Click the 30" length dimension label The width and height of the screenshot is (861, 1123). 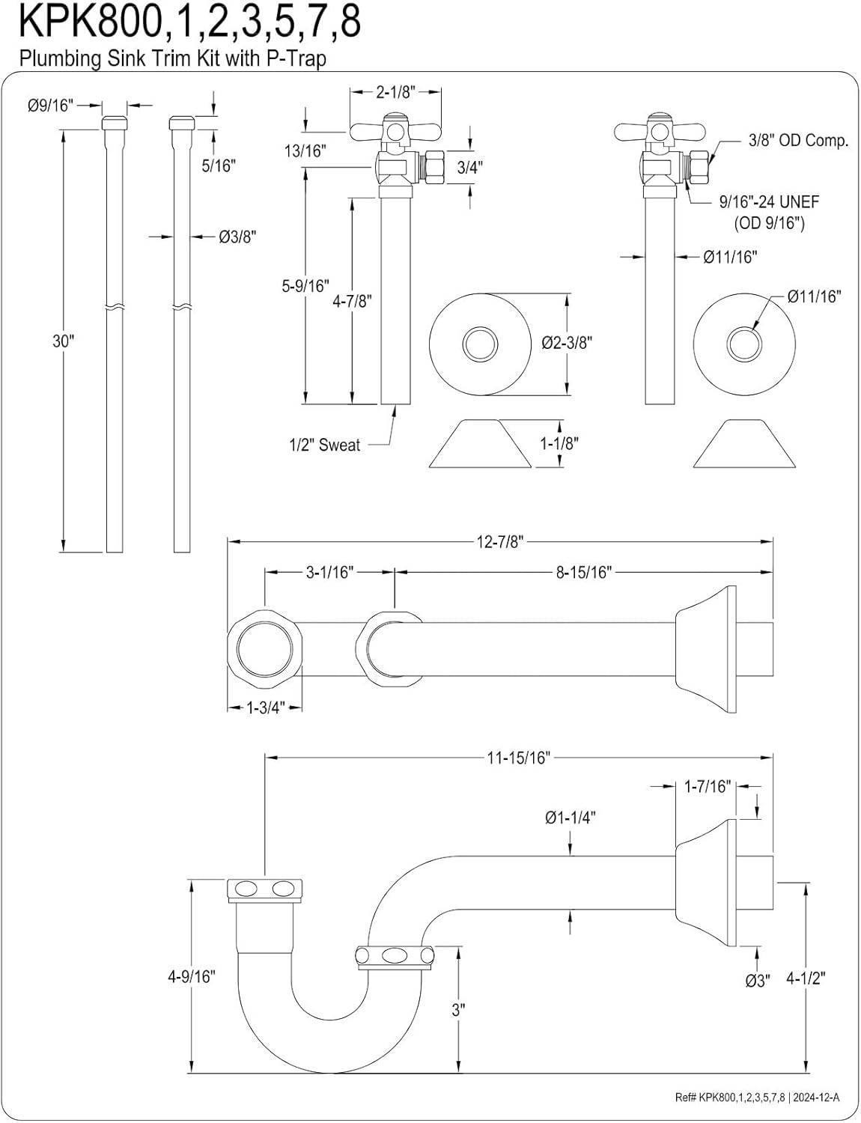pyautogui.click(x=63, y=341)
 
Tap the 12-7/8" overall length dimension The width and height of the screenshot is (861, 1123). pyautogui.click(x=499, y=541)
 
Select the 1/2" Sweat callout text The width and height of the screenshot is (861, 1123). pyautogui.click(x=324, y=445)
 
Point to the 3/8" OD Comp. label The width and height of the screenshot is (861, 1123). pyautogui.click(x=798, y=140)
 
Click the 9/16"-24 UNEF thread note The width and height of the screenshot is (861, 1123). pyautogui.click(x=768, y=201)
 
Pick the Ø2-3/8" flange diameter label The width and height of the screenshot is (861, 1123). pyautogui.click(x=566, y=343)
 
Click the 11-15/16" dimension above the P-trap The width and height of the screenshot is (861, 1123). pyautogui.click(x=518, y=758)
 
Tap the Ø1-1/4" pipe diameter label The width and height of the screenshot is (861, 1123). pyautogui.click(x=571, y=818)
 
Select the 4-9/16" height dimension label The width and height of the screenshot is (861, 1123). pyautogui.click(x=190, y=976)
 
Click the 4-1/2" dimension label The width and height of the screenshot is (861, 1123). pyautogui.click(x=806, y=979)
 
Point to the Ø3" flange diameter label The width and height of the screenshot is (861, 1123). pyautogui.click(x=757, y=980)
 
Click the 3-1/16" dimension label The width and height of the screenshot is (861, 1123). pyautogui.click(x=329, y=573)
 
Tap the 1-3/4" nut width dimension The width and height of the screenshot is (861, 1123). pyautogui.click(x=264, y=707)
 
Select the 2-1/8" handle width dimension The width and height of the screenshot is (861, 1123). pyautogui.click(x=395, y=92)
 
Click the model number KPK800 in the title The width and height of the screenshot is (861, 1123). pyautogui.click(x=88, y=22)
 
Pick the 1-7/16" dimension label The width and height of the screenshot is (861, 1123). pyautogui.click(x=707, y=786)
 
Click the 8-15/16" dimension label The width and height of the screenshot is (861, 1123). pyautogui.click(x=583, y=573)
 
